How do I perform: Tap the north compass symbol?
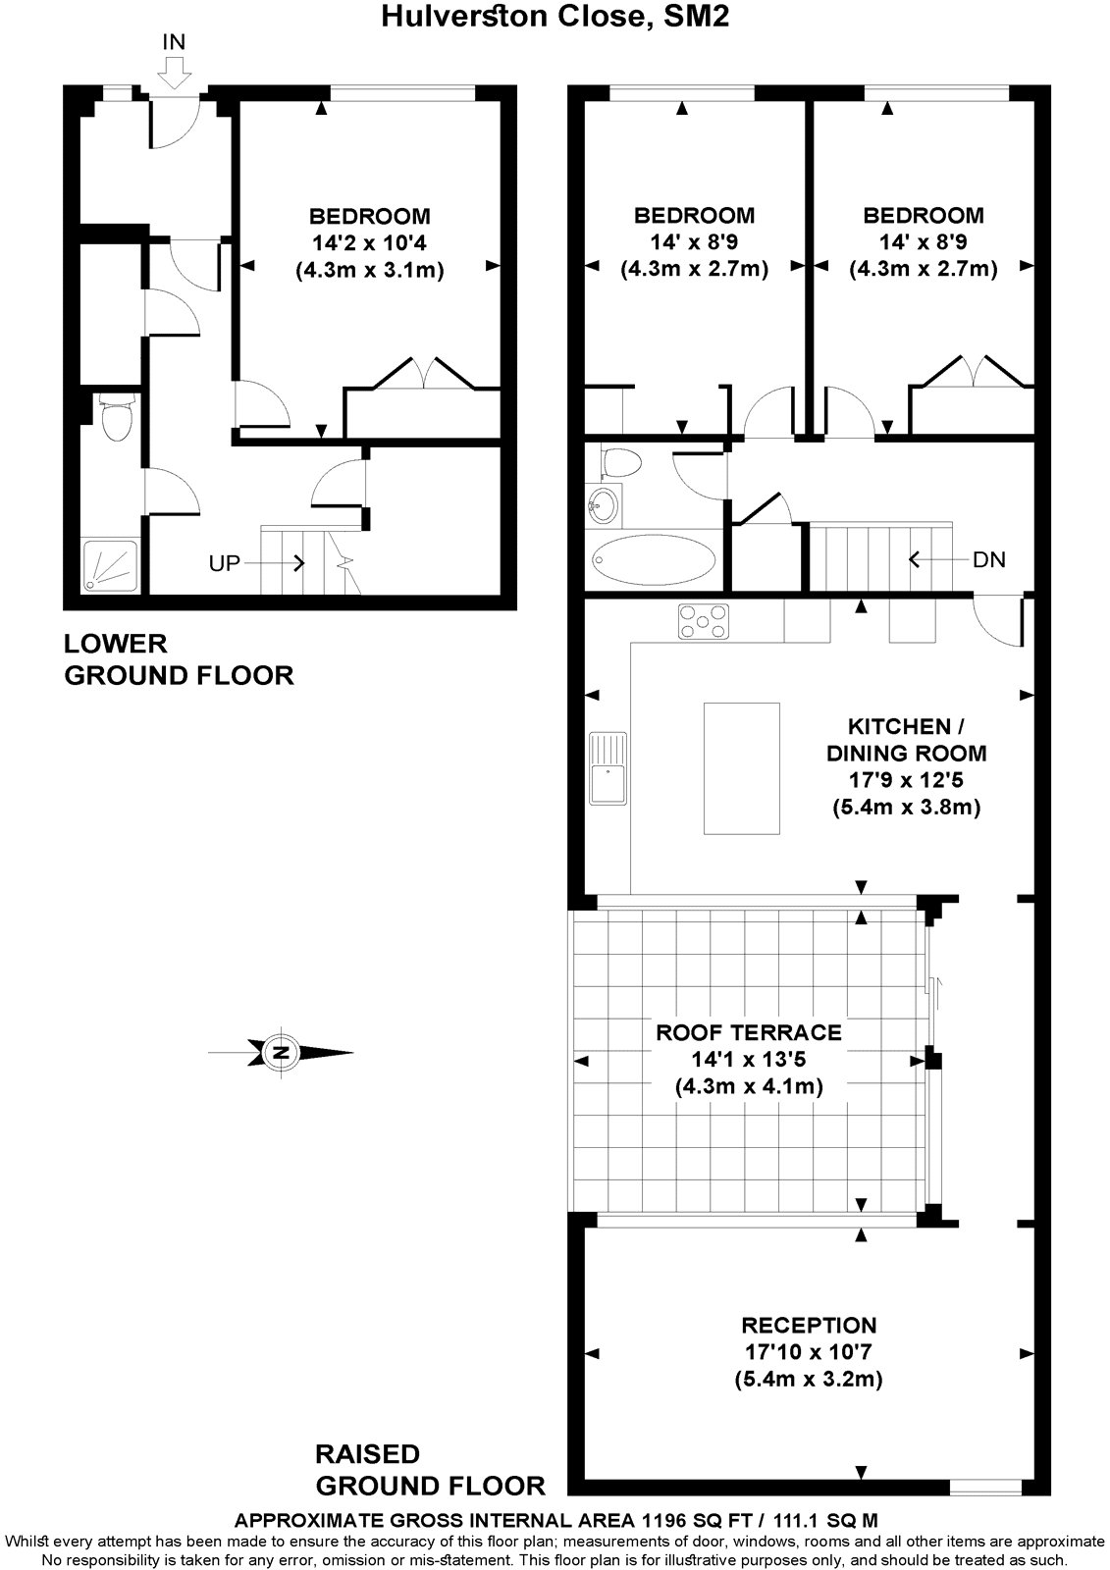tap(282, 1053)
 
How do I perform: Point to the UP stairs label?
tap(225, 563)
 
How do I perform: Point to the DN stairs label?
tap(988, 560)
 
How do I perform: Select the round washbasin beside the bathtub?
tap(603, 506)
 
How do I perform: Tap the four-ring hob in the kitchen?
tap(704, 620)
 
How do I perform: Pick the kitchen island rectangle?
tap(742, 768)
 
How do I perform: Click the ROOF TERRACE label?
tap(749, 1032)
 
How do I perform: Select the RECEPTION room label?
tap(809, 1326)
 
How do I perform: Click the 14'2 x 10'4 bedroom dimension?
tap(369, 242)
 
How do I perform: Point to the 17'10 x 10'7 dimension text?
tap(809, 1352)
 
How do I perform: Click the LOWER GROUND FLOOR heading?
tap(178, 659)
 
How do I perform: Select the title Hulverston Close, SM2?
tap(555, 16)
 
